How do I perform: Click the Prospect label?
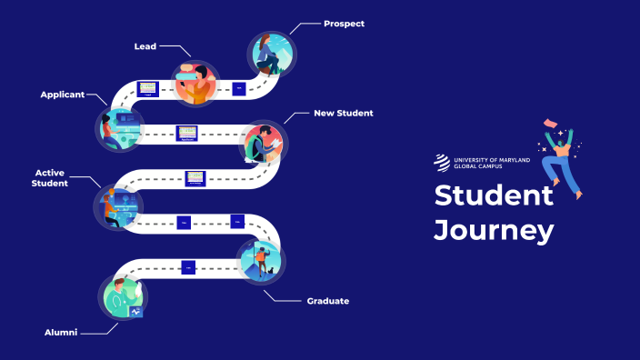344,24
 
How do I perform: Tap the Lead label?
145,45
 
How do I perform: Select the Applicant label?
62,94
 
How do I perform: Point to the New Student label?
344,113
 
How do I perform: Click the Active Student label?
52,177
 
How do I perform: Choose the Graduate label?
328,300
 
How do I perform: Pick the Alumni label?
61,333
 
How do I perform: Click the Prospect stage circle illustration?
270,55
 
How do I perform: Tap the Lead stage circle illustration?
195,84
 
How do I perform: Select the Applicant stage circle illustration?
119,129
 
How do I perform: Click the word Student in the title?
493,195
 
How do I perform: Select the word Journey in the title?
493,230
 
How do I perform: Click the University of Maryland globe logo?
441,163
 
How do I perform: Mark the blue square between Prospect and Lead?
238,89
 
